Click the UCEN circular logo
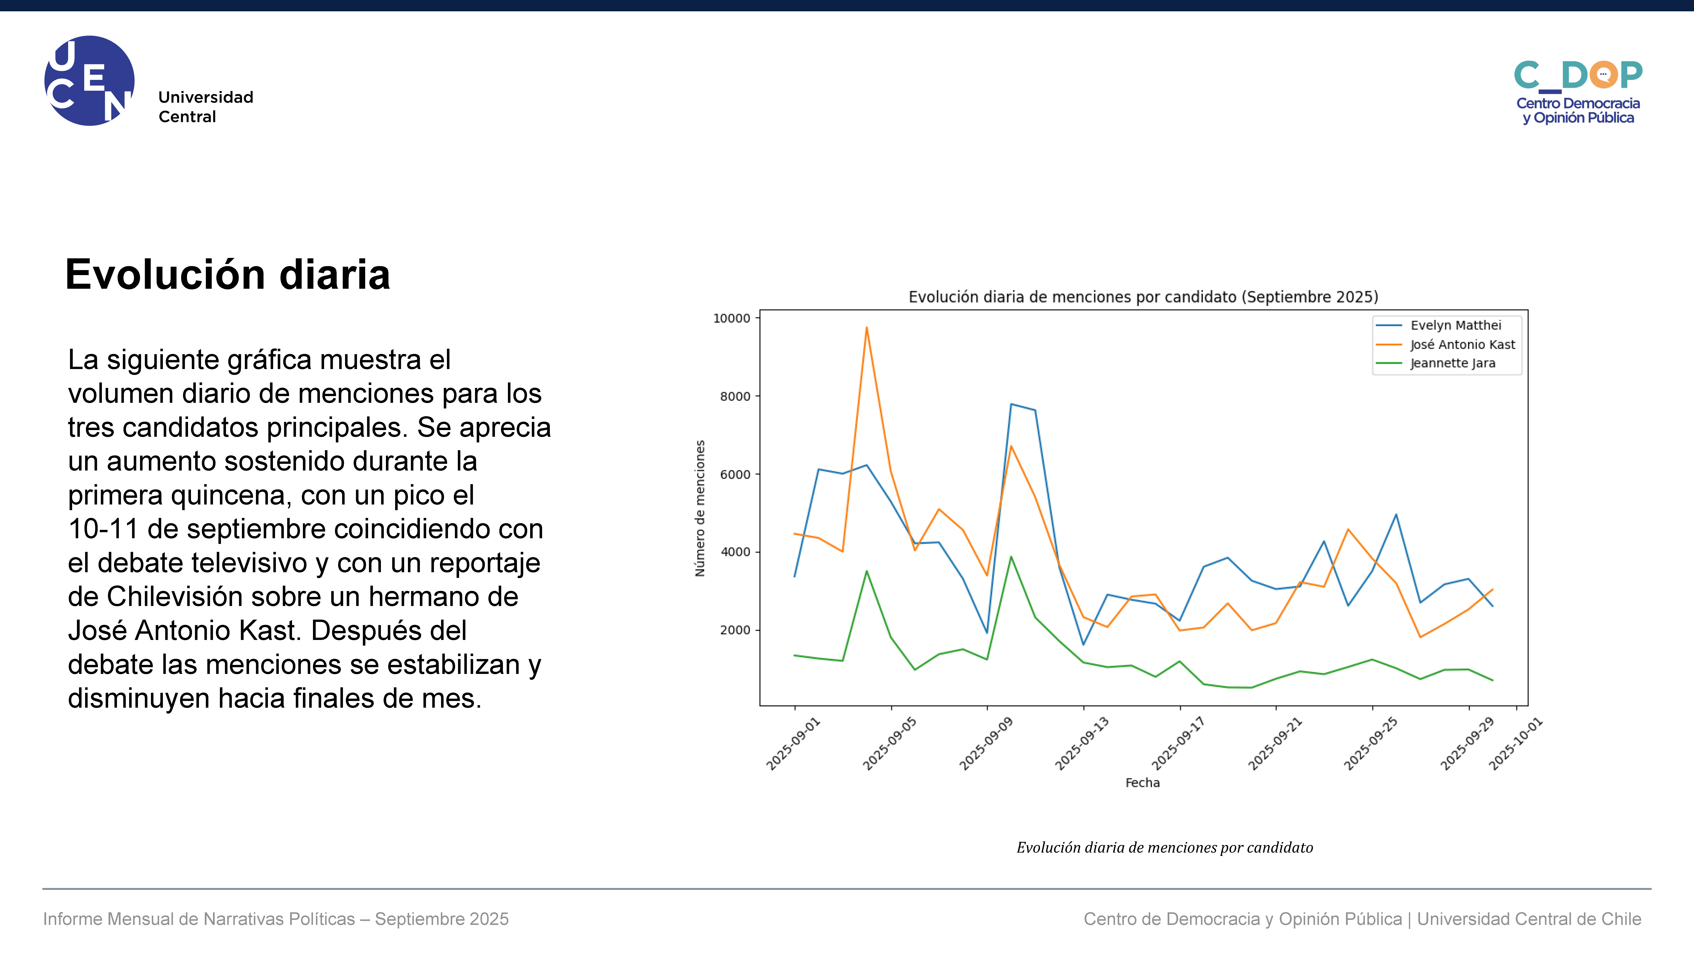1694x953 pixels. coord(90,80)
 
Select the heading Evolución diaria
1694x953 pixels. coord(227,274)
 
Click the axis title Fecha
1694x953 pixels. coord(1142,783)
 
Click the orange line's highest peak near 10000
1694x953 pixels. coord(867,327)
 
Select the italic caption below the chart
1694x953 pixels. coord(1165,848)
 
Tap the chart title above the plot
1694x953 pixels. coord(1143,297)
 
